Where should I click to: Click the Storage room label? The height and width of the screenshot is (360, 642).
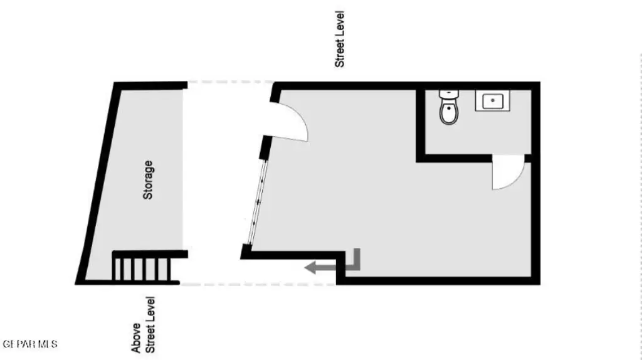point(148,180)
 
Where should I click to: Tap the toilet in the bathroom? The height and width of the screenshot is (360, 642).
point(448,107)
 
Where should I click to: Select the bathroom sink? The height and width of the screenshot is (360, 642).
point(492,100)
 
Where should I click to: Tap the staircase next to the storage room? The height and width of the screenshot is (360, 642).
point(142,267)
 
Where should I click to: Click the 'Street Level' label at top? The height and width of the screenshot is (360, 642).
point(340,39)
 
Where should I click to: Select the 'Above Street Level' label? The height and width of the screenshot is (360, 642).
point(143,325)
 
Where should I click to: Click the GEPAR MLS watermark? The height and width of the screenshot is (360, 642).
point(30,344)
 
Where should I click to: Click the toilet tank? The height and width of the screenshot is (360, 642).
point(449,94)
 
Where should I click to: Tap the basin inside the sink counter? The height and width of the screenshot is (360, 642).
point(492,100)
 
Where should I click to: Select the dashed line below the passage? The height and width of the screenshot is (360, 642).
point(257,284)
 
